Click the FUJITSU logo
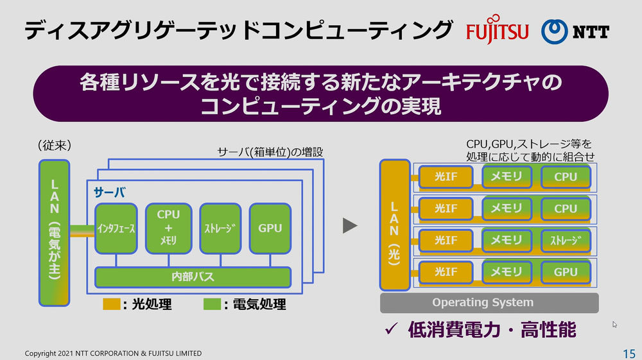(497, 31)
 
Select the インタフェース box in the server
(116, 228)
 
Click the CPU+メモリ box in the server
(168, 228)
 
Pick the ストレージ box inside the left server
(220, 228)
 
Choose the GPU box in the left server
(270, 228)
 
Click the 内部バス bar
(193, 277)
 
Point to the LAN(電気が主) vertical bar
(55, 232)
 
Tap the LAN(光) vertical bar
(395, 225)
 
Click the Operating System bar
(490, 303)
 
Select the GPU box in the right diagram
(566, 272)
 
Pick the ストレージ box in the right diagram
(566, 241)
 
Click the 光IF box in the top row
(446, 177)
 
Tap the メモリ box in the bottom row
(507, 272)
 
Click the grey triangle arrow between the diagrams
(349, 225)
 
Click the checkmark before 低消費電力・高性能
(390, 330)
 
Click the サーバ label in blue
(110, 193)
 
